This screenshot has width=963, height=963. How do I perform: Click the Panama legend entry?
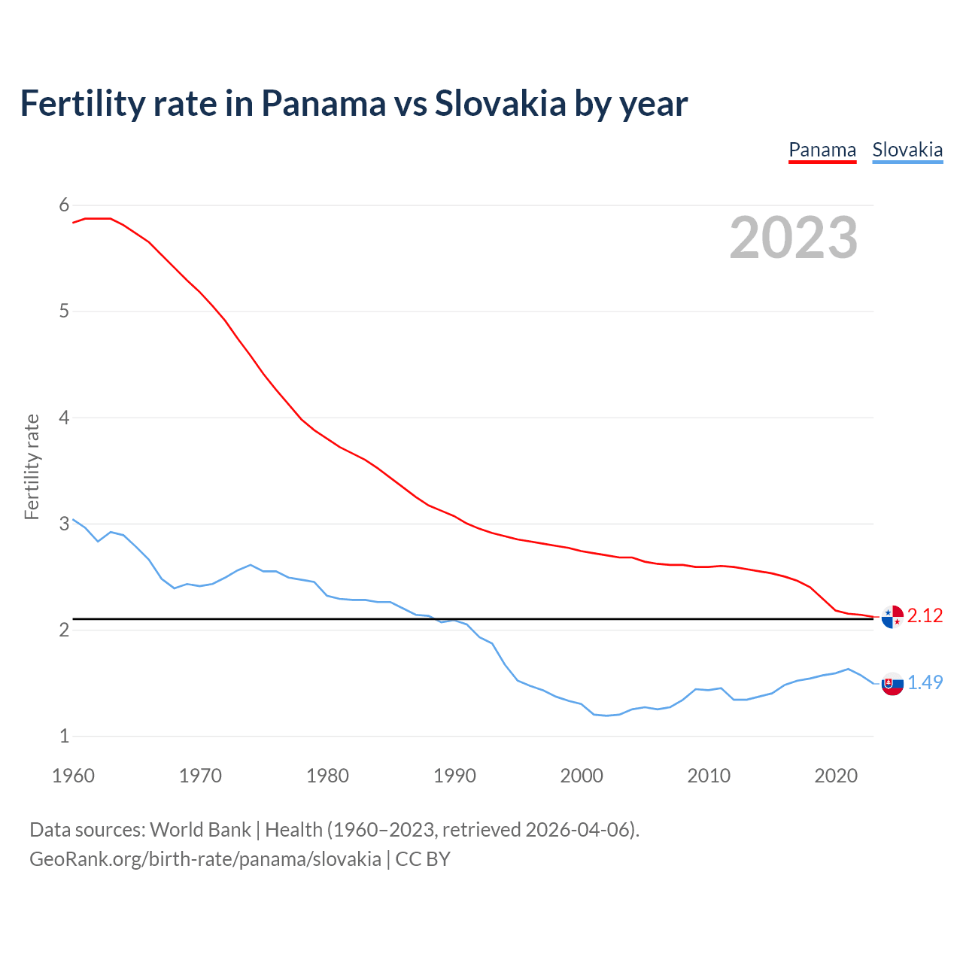point(822,150)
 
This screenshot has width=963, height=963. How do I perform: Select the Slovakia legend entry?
point(907,150)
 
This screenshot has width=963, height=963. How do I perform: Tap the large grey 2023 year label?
point(794,238)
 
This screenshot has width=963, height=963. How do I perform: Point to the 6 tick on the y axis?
point(64,205)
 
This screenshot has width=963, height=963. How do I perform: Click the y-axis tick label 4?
point(64,418)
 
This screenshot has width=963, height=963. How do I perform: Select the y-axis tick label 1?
point(64,736)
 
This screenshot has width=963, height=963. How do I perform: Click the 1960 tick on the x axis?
point(73,776)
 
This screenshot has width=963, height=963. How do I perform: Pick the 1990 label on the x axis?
point(454,776)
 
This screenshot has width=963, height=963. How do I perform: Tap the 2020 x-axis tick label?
point(836,776)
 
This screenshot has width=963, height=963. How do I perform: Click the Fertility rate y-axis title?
point(32,466)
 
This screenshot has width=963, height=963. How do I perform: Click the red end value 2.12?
point(925,616)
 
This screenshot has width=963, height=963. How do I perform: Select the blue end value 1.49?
point(925,682)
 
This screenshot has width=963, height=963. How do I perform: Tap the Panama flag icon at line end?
point(892,617)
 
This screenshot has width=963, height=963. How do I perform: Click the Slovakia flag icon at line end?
point(892,684)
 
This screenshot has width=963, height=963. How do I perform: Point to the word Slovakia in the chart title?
point(500,104)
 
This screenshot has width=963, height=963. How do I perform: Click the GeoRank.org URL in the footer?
point(205,859)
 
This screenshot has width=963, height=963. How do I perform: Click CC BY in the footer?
point(423,859)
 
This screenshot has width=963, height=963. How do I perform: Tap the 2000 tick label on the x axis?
point(582,776)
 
